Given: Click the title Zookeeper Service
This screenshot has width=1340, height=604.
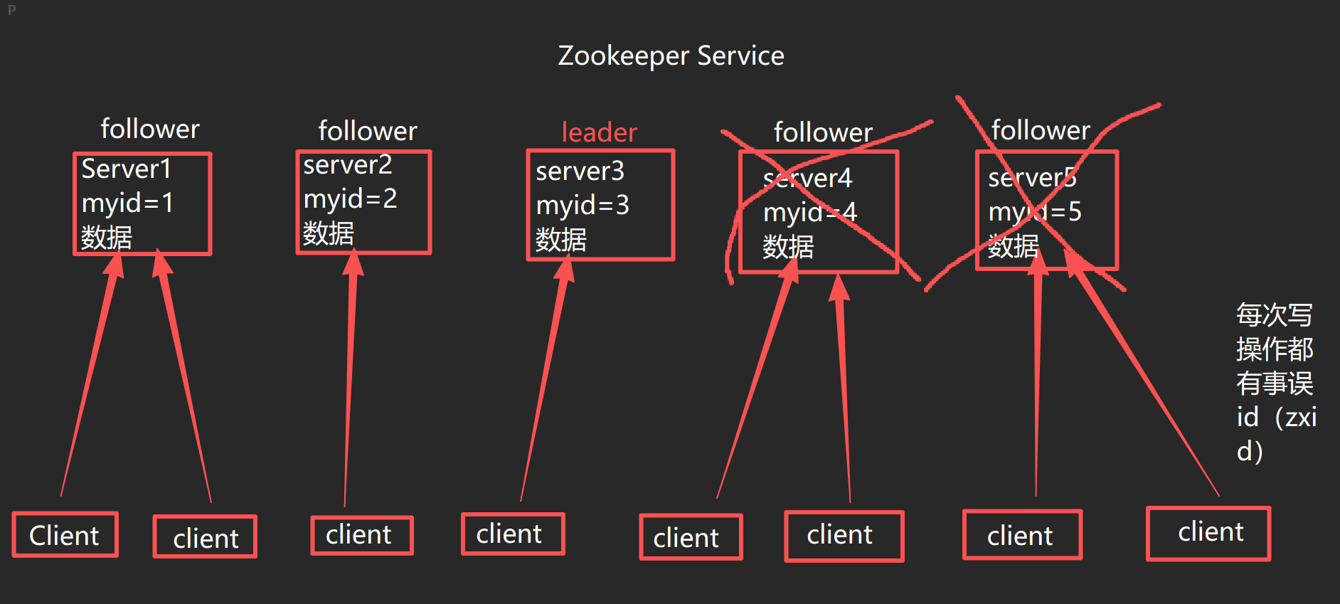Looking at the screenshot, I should [x=671, y=55].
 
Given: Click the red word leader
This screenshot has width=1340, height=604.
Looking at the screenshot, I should [x=599, y=132].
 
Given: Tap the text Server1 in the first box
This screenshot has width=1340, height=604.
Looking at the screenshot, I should [x=126, y=169].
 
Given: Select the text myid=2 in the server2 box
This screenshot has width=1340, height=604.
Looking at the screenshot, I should [x=350, y=198].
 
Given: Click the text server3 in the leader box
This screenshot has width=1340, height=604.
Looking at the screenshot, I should [x=580, y=171].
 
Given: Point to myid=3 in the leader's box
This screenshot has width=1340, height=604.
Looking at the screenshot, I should [x=582, y=206].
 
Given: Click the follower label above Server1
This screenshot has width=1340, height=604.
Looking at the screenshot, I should [x=149, y=129].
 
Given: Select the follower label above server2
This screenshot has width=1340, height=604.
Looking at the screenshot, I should [x=367, y=131].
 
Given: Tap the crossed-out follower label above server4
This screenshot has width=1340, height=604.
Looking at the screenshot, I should [x=822, y=132].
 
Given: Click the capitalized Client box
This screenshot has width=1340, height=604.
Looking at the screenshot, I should [x=65, y=535].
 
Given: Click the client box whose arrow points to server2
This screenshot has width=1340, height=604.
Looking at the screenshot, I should [x=361, y=535].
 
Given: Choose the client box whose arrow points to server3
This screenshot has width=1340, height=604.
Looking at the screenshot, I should [x=512, y=534].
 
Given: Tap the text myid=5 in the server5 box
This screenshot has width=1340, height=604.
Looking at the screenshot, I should [x=1034, y=212].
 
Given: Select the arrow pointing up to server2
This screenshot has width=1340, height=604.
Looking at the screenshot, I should [x=349, y=377].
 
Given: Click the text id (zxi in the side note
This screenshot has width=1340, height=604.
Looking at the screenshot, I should [x=1276, y=417].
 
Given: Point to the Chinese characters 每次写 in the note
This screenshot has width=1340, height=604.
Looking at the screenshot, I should [x=1274, y=314].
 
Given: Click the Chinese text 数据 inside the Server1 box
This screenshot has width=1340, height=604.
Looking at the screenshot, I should [x=107, y=237].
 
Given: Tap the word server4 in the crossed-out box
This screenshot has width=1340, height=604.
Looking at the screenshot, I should [x=807, y=179].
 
